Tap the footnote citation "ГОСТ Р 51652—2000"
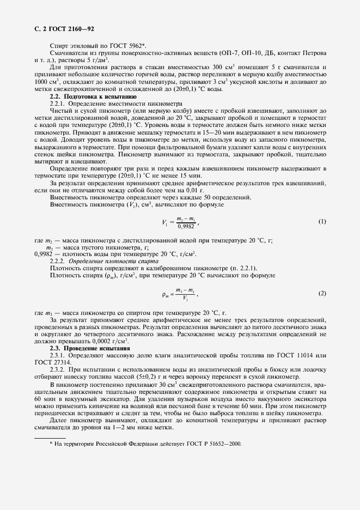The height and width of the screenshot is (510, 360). (213, 444)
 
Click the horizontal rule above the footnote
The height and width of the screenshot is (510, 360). (50, 437)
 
